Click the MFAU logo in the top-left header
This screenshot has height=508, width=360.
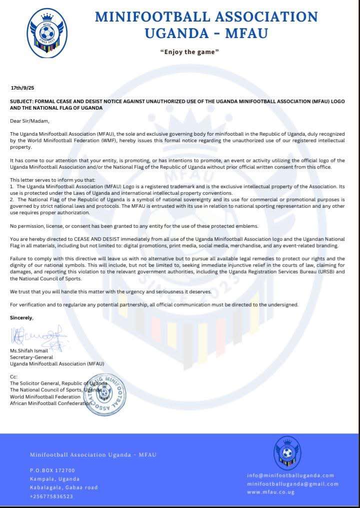click(47, 33)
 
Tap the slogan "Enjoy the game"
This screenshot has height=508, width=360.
click(189, 52)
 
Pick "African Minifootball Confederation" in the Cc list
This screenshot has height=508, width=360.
click(50, 403)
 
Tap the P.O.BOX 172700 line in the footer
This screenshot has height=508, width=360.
click(52, 470)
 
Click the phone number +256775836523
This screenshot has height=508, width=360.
click(51, 496)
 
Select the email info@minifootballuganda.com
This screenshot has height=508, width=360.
click(290, 475)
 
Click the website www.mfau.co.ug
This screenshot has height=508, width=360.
click(270, 492)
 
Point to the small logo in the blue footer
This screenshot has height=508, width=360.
click(287, 452)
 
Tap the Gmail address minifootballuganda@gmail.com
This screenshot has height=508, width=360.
click(292, 484)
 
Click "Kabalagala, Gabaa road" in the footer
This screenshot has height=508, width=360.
click(63, 487)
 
